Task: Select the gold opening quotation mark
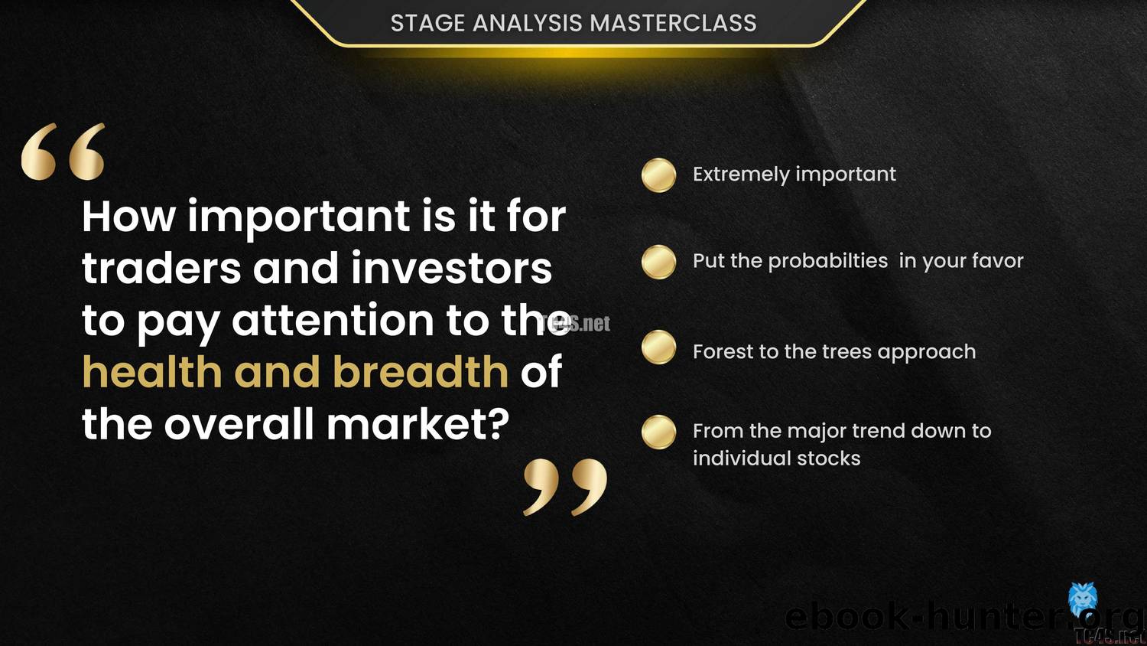[x=63, y=152]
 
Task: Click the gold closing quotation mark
[x=565, y=487]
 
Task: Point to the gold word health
[x=151, y=372]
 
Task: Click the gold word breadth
[x=421, y=372]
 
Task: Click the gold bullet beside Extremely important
[x=658, y=175]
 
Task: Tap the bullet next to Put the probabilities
[x=658, y=262]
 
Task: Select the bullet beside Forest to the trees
[x=658, y=347]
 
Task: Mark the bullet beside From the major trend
[x=658, y=432]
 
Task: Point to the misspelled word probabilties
[x=827, y=261]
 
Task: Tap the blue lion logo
[x=1083, y=598]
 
